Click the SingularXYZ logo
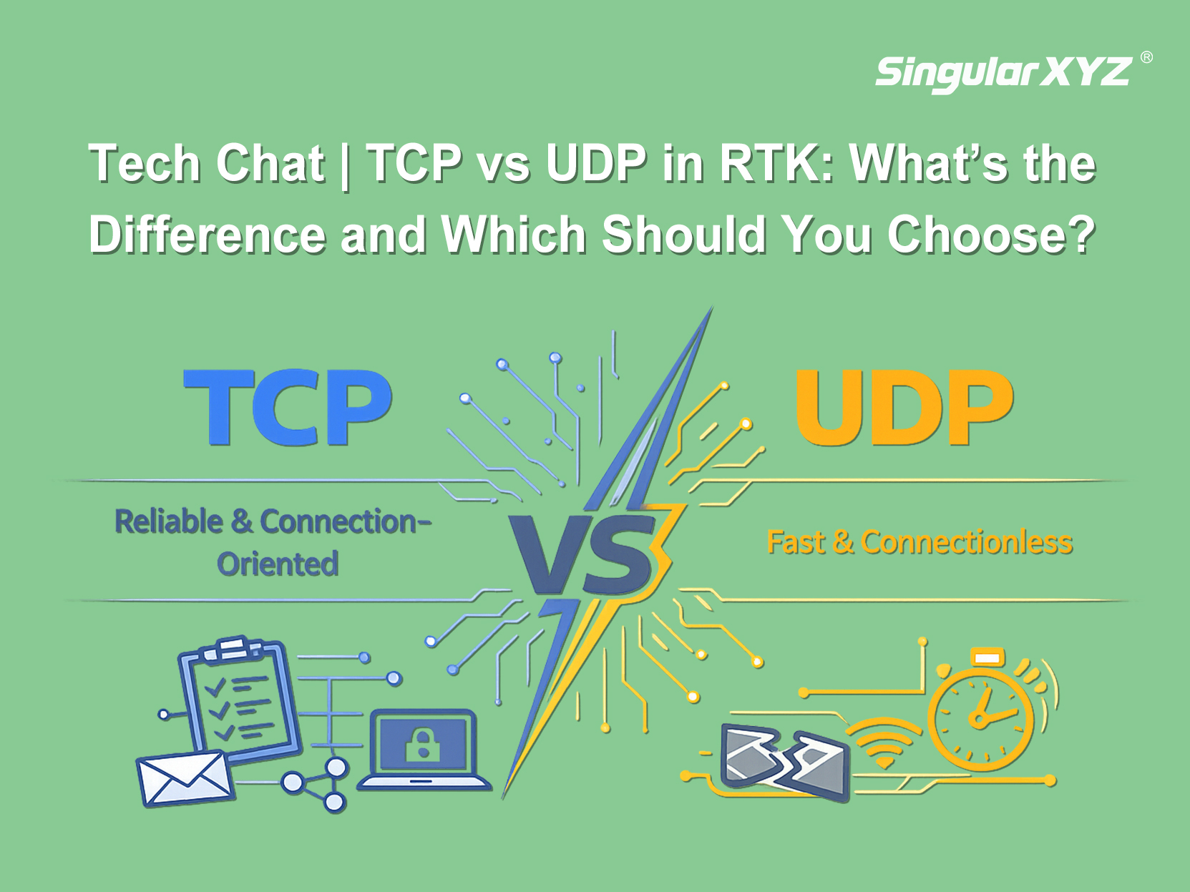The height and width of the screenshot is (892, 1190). [1003, 73]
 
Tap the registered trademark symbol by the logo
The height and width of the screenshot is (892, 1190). [1146, 57]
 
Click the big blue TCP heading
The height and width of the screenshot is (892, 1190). [288, 407]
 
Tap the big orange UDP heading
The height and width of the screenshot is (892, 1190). [904, 408]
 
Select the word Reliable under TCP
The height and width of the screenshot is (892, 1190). [169, 521]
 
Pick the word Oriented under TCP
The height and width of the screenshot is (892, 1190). [278, 564]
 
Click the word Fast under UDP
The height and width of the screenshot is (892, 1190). [796, 542]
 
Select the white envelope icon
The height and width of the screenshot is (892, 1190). [185, 779]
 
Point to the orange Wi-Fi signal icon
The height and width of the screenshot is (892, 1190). [884, 743]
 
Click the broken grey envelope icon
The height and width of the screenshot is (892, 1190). [784, 761]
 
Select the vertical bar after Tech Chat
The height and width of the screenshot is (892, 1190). [346, 165]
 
